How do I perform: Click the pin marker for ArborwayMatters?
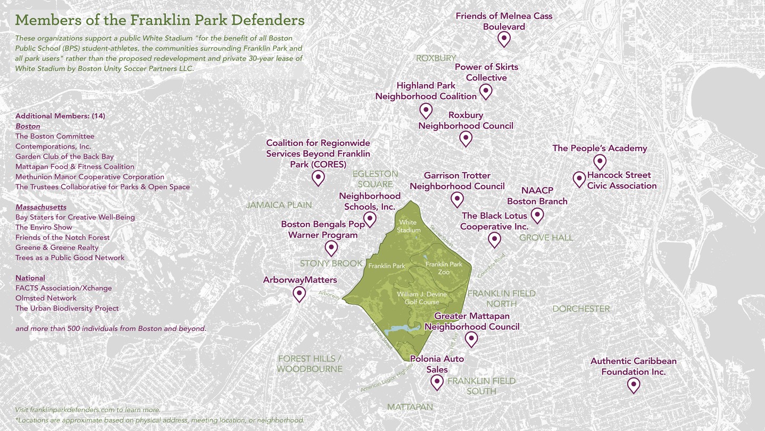point(300,294)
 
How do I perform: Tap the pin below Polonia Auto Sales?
point(437,381)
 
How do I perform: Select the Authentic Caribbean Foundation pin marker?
point(633,384)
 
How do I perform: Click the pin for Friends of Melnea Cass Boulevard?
point(504,38)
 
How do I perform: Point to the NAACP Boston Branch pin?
point(537,215)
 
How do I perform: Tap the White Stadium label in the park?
point(408,226)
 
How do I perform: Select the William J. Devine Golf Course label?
point(422,298)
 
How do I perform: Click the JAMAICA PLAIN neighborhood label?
point(279,205)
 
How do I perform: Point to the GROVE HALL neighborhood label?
point(546,238)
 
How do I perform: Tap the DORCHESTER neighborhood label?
point(581,308)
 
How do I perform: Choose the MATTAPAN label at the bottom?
point(410,406)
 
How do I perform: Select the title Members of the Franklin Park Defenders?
point(160,20)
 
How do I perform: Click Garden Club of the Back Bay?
point(64,156)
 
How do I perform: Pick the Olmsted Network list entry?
point(46,298)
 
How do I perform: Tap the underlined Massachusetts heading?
point(41,207)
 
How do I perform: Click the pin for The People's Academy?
point(600,161)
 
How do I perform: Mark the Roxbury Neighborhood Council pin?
point(465,138)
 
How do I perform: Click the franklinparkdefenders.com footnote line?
point(88,410)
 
